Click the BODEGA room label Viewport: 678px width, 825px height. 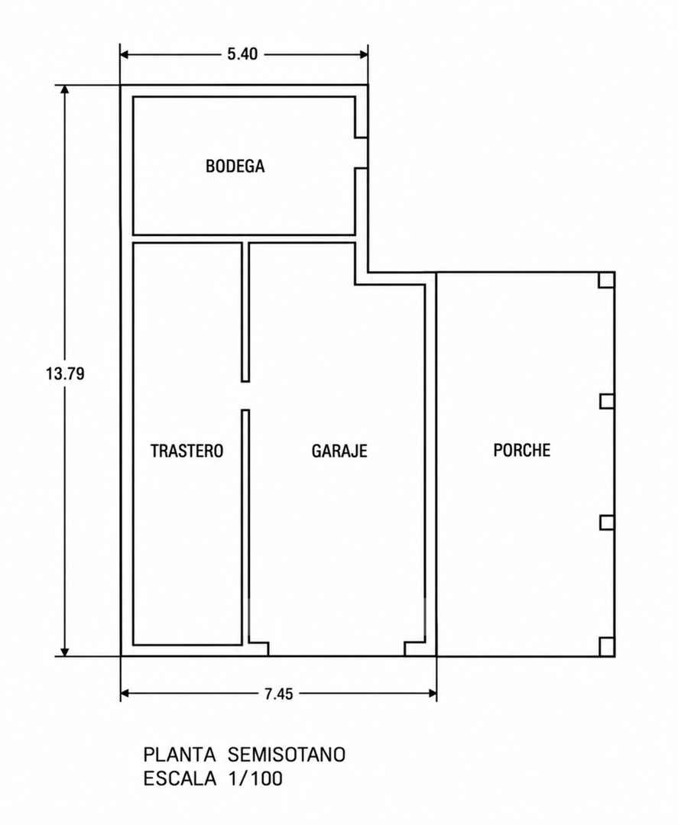(235, 167)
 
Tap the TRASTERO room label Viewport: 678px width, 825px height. (187, 451)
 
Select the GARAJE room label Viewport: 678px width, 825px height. (339, 451)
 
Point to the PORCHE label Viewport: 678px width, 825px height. (521, 451)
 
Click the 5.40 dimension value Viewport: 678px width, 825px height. (242, 54)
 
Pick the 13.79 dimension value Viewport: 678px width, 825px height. (65, 374)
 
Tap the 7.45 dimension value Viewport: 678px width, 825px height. (278, 694)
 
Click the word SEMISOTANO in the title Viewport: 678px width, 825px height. (287, 755)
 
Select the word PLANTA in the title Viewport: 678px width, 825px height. (180, 755)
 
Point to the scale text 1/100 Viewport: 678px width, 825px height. (255, 778)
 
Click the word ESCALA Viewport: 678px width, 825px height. (180, 778)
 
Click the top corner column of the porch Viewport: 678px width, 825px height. (606, 280)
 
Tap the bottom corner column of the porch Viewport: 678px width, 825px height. (606, 647)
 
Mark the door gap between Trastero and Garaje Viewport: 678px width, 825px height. (245, 396)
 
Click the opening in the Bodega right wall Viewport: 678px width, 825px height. (361, 153)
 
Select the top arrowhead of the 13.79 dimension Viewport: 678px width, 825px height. (65, 90)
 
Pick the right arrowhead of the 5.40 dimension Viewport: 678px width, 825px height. (362, 54)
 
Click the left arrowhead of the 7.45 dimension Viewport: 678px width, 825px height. (126, 694)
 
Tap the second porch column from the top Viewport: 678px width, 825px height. (607, 402)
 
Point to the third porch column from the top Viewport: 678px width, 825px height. (607, 523)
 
